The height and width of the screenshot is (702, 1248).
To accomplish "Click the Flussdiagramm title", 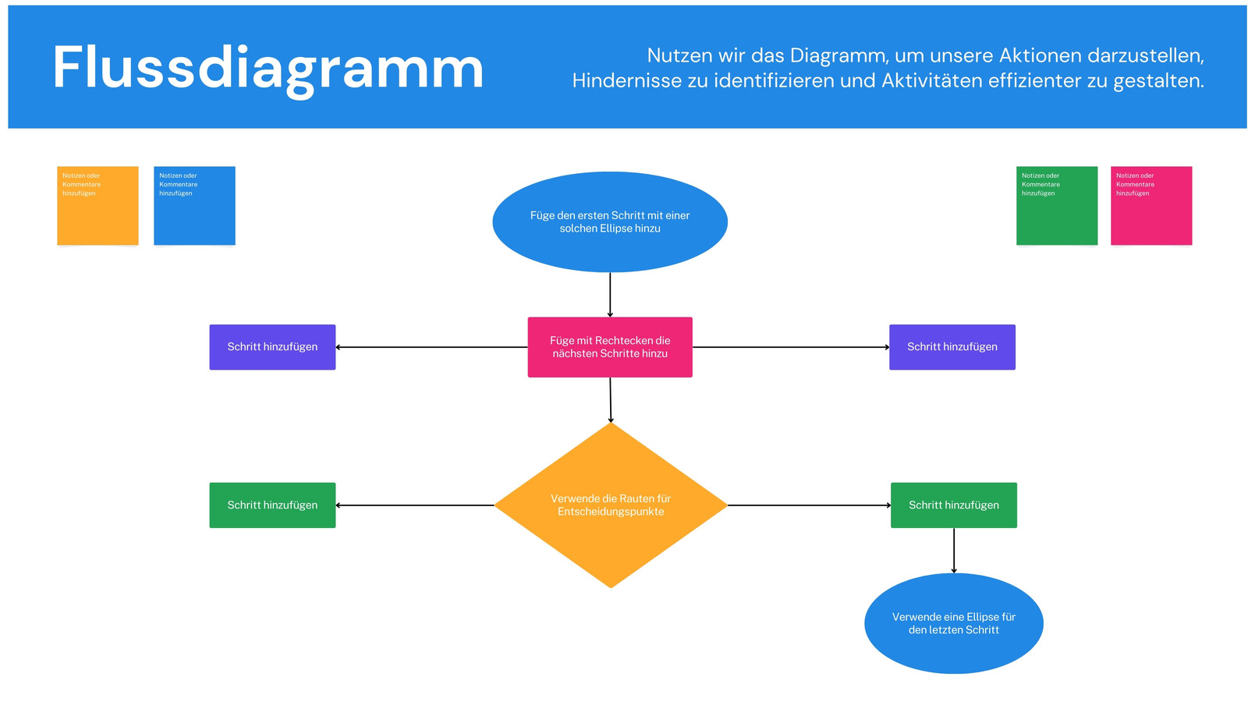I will [x=268, y=68].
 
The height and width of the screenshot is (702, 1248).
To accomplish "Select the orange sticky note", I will [x=97, y=206].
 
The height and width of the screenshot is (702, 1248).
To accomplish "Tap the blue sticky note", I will [x=194, y=206].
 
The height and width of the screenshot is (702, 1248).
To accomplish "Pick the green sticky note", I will [x=1056, y=206].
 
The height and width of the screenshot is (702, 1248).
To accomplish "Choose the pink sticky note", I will [x=1150, y=206].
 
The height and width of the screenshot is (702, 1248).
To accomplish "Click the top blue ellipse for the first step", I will [x=609, y=222].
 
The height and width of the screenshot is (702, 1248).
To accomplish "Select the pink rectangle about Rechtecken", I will [x=609, y=347].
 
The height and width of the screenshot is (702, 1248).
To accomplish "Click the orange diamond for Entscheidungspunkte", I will [x=611, y=505].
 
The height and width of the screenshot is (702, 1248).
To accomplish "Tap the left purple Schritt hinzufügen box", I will [x=272, y=347].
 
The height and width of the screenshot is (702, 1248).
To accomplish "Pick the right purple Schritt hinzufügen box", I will [x=952, y=347].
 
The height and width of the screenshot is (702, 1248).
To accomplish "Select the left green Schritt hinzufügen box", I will [x=272, y=505].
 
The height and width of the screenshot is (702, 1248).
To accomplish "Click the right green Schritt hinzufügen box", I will [x=953, y=505].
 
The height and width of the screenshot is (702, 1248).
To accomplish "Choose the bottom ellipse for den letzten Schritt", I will [x=953, y=623].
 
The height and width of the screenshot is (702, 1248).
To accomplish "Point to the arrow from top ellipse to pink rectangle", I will [x=609, y=295].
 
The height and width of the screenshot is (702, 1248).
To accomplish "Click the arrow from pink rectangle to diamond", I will [x=610, y=400].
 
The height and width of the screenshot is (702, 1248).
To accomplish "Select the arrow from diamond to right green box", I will [x=809, y=505].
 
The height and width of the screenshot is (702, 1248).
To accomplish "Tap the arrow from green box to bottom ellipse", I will [x=953, y=551].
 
